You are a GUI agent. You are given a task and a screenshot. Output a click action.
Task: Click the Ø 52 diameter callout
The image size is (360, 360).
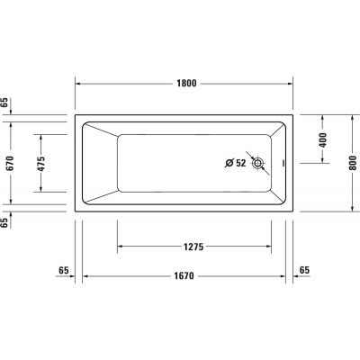tap(235, 163)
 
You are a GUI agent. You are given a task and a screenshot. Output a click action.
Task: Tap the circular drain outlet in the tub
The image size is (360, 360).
tap(259, 164)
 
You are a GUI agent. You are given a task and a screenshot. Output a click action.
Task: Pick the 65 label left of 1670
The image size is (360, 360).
tap(64, 271)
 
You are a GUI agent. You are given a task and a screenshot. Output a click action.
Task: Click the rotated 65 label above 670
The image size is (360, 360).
tap(5, 103)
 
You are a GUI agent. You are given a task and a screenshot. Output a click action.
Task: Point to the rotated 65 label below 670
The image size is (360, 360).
tap(5, 221)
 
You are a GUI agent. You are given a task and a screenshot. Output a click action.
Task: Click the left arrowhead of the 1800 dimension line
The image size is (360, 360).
tap(77, 82)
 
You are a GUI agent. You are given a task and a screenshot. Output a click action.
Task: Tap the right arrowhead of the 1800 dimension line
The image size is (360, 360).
tap(292, 82)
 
